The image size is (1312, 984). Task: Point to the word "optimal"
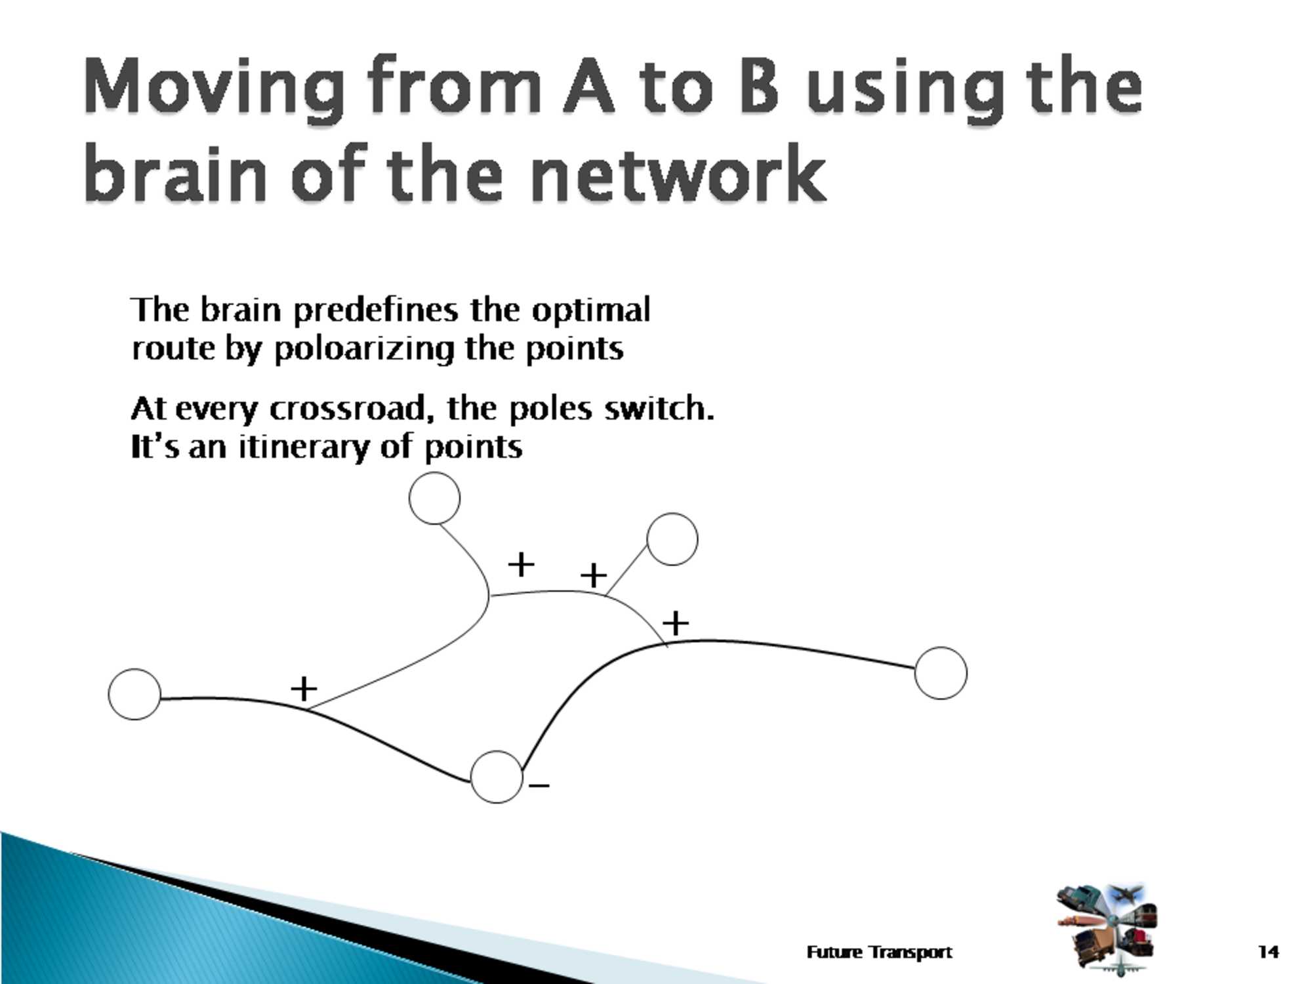tap(590, 311)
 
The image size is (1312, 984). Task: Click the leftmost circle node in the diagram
tap(134, 694)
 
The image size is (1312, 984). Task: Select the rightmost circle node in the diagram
tap(941, 673)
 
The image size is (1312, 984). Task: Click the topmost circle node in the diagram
tap(434, 499)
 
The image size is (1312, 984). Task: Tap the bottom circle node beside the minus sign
tap(497, 777)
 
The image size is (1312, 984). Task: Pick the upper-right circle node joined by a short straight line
tap(672, 539)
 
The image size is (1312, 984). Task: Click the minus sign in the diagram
tap(539, 785)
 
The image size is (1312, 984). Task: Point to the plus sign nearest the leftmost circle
tap(304, 689)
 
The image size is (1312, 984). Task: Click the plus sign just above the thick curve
tap(676, 623)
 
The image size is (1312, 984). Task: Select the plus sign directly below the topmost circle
tap(522, 564)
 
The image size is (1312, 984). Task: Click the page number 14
tap(1269, 952)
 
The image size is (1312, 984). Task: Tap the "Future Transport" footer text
tap(880, 953)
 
